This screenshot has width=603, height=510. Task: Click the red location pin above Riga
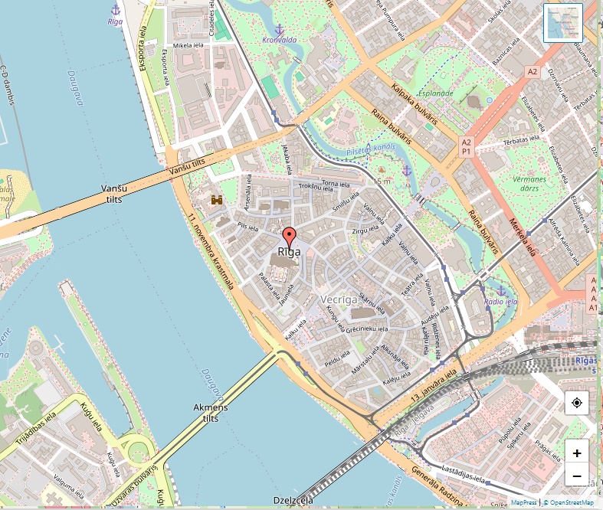pos(289,236)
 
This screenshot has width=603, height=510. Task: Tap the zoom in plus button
pos(576,452)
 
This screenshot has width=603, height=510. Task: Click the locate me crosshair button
pos(576,403)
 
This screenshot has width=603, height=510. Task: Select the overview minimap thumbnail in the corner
pos(562,22)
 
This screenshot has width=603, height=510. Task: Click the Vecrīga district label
pos(339,299)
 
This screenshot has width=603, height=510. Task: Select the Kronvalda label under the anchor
pos(279,41)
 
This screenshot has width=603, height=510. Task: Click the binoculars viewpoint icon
pos(217,200)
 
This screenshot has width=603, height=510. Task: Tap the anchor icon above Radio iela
pos(502,291)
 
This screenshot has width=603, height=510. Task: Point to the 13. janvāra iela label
pos(438,388)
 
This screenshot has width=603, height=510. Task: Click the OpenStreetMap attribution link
pos(571,503)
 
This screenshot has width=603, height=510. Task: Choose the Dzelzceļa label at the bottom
pos(293,501)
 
